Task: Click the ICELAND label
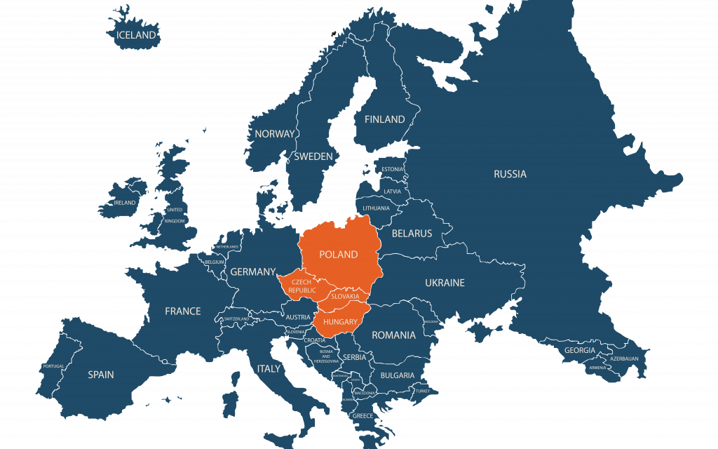[x=137, y=35]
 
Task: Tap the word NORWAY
[x=275, y=134]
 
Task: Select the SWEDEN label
[x=313, y=156]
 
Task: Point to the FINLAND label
[x=384, y=119]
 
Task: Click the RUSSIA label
[x=510, y=174]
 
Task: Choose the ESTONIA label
[x=393, y=169]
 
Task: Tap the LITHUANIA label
[x=377, y=208]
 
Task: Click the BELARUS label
[x=412, y=233]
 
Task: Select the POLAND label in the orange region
[x=339, y=254]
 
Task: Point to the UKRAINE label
[x=445, y=283]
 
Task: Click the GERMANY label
[x=252, y=272]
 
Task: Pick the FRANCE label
[x=182, y=311]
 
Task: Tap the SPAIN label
[x=101, y=375]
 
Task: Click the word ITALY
[x=269, y=368]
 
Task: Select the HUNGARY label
[x=341, y=321]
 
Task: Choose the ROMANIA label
[x=393, y=335]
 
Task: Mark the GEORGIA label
[x=580, y=350]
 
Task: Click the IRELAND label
[x=126, y=203]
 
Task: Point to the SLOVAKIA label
[x=345, y=297]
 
